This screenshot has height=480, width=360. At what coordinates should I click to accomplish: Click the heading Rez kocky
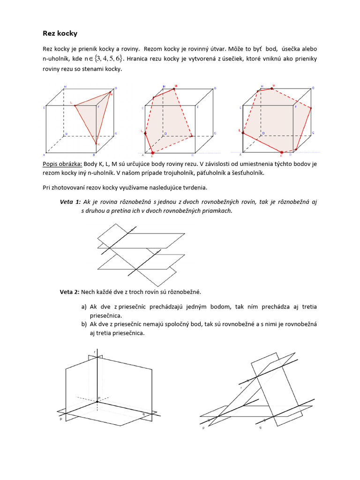click(60, 34)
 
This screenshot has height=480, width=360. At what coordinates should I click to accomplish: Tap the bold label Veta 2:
click(69, 292)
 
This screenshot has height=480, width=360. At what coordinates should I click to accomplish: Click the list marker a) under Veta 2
click(84, 307)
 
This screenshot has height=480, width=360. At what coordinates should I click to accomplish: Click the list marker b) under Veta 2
click(84, 324)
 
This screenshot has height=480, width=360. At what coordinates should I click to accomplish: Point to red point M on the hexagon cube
click(272, 88)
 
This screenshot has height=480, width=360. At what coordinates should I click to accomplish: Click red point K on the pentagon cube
click(153, 152)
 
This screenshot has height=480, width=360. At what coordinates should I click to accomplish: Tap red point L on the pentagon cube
click(145, 134)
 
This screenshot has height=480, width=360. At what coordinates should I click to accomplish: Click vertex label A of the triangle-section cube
click(45, 155)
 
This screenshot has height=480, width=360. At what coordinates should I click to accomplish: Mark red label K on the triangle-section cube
click(98, 144)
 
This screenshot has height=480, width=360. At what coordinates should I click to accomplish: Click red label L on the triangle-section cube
click(71, 102)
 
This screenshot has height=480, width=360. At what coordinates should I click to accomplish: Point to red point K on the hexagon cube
click(281, 152)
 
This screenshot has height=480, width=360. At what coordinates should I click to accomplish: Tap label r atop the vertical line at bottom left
click(95, 351)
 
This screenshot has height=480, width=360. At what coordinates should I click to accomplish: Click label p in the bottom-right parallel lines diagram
click(203, 428)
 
